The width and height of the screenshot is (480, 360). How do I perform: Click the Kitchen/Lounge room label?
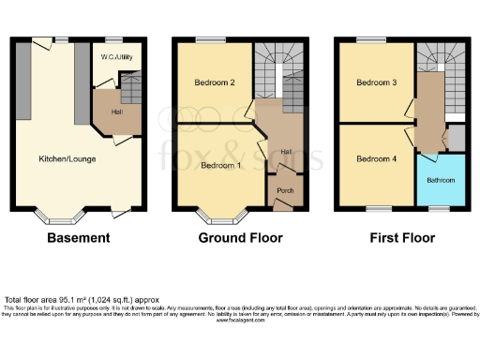pos(67,158)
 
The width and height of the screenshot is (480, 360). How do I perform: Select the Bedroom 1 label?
pos(219,166)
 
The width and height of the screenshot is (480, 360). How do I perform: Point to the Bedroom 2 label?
pos(213,82)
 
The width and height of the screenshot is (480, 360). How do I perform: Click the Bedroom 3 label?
pos(376,82)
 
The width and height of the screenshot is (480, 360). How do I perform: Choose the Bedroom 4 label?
pos(376,158)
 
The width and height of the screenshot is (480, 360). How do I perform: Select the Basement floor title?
pos(78,238)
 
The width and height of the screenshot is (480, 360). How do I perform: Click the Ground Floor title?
pos(240,238)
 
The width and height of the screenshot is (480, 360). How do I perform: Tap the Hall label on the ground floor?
pos(286,153)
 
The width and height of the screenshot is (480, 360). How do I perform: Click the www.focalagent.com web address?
pos(239,318)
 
